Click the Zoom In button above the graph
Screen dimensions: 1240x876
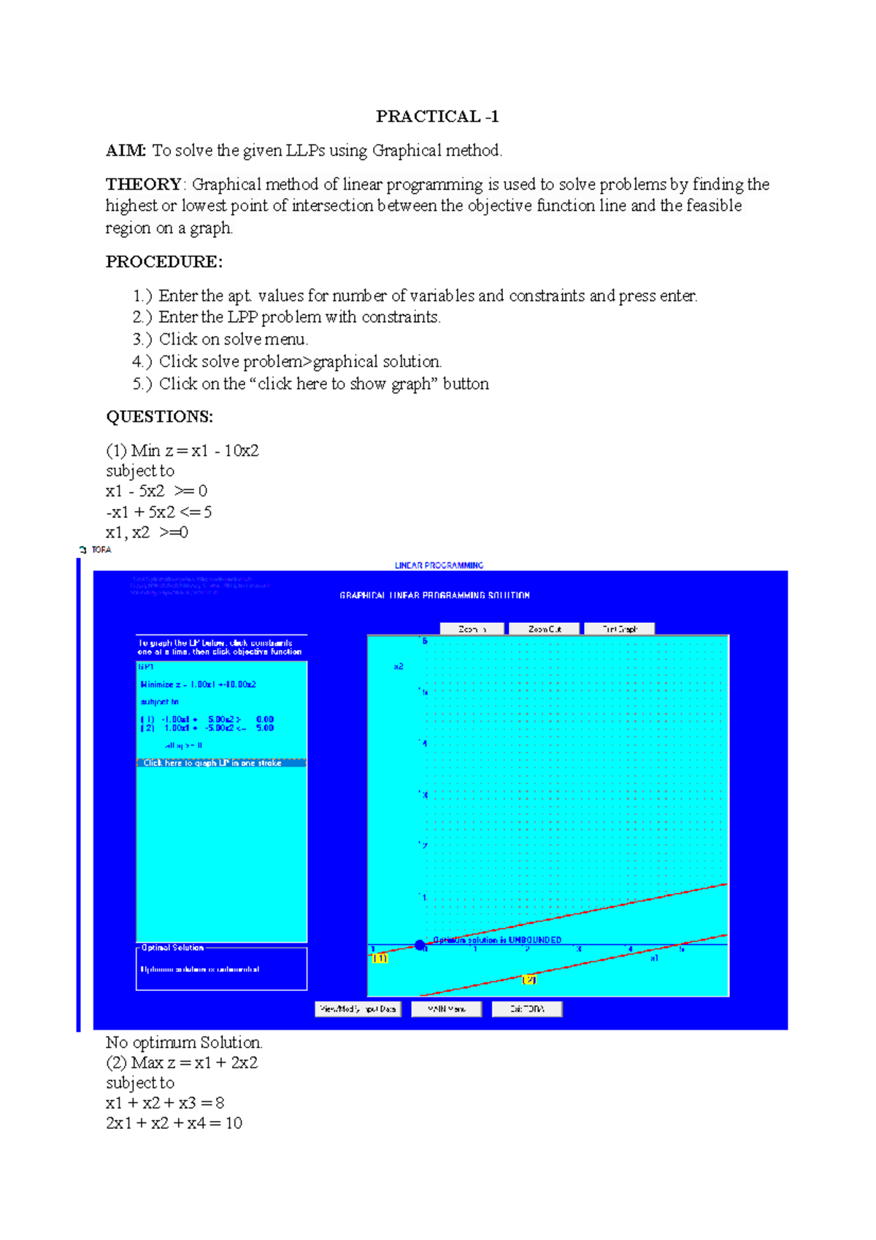point(472,629)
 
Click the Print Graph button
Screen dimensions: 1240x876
point(619,629)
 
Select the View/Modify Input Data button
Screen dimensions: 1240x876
point(358,1009)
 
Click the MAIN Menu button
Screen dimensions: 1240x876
point(446,1009)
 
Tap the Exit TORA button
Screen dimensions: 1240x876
point(526,1009)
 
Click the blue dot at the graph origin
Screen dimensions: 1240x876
point(420,945)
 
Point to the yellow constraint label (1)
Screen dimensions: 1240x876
point(380,958)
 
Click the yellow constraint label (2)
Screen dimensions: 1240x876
point(529,980)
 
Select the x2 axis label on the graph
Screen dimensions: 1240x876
point(399,666)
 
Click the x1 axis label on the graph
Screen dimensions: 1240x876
point(654,957)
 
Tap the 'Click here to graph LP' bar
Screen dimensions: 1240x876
point(220,762)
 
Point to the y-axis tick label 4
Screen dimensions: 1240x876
point(424,743)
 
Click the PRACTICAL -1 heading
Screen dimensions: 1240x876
point(437,116)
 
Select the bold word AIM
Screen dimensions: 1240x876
point(126,150)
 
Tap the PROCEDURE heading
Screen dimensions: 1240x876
point(164,261)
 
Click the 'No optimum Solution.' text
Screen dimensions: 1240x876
point(184,1042)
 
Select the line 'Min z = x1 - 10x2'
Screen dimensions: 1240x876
point(194,451)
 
